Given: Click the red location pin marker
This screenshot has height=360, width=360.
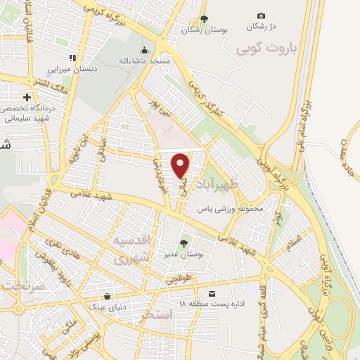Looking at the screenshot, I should (x=181, y=165).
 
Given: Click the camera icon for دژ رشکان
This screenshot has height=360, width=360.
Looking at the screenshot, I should (x=262, y=15).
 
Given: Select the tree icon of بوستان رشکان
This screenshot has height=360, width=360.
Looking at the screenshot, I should (x=204, y=19).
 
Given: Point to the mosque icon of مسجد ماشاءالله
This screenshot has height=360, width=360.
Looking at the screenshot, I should (x=145, y=50).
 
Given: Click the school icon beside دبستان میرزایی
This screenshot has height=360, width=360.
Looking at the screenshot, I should (x=72, y=58).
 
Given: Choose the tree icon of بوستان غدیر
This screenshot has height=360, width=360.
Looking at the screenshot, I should (x=184, y=243).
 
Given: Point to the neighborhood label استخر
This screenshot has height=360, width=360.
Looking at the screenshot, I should (x=156, y=314).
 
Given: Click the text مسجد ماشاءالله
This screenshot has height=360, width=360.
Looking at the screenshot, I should (x=145, y=62).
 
